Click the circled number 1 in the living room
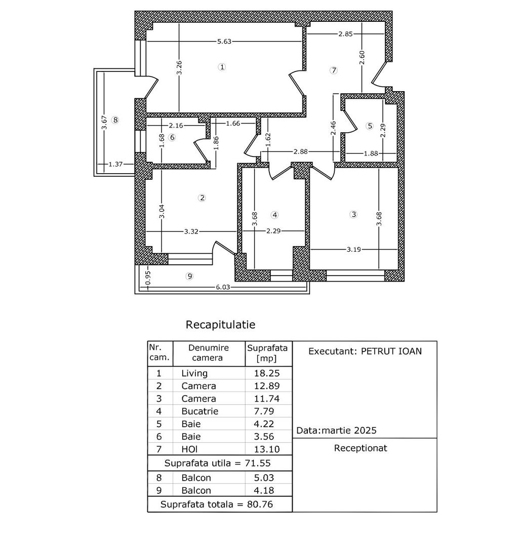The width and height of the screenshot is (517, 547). coord(221,67)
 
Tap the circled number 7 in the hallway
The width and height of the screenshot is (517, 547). coord(333,70)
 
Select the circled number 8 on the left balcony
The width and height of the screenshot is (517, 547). coord(115,120)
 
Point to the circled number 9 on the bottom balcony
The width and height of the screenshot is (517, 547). coord(190,276)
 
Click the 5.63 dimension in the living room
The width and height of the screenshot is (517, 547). coord(224,42)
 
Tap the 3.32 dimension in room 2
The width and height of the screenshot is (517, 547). coord(191,231)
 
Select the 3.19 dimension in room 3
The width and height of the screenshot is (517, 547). coord(353,249)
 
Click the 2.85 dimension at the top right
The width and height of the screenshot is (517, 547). coord(346,34)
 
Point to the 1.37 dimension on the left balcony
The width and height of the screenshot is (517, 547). coord(116,164)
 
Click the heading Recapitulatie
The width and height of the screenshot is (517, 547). coord(220,324)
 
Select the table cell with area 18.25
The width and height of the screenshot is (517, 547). coord(268,373)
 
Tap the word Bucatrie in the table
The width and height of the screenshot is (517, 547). coord(200,411)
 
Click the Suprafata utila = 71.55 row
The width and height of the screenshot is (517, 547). coord(220,463)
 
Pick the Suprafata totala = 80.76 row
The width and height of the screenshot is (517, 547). coord(220,504)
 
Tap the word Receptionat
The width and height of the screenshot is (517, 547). coord(361,448)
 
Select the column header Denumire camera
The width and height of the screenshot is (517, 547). coord(209,353)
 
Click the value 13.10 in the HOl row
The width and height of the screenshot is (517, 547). coord(268,449)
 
